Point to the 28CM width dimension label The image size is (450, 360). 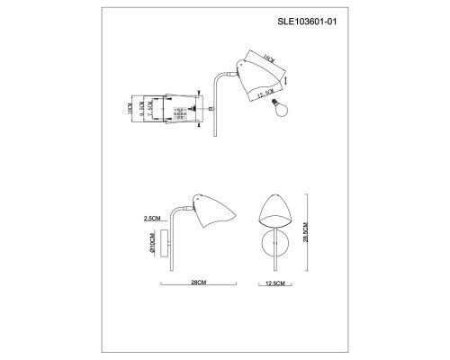[x=197, y=283]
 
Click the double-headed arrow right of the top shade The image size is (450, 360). [x=287, y=80]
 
